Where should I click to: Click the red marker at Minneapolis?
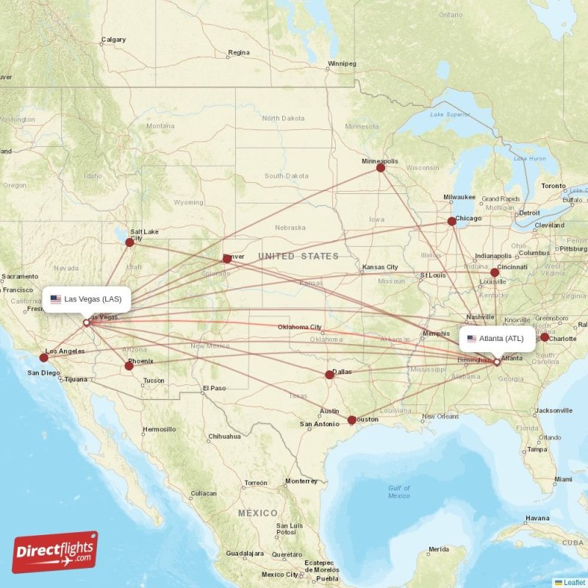381,168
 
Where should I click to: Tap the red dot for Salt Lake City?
130,242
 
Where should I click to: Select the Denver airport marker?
227,258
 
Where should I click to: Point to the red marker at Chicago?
453,221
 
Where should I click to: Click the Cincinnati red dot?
495,272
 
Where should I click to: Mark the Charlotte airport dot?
545,337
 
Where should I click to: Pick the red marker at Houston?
351,420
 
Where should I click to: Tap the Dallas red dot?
329,375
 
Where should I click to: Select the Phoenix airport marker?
129,365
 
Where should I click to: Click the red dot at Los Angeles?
44,358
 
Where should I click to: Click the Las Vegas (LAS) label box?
87,299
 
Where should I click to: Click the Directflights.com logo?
55,552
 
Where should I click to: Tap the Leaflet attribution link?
574,582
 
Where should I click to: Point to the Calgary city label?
113,40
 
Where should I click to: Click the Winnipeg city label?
341,64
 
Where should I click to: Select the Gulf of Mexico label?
399,492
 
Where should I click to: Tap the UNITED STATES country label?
298,257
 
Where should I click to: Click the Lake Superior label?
450,115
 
